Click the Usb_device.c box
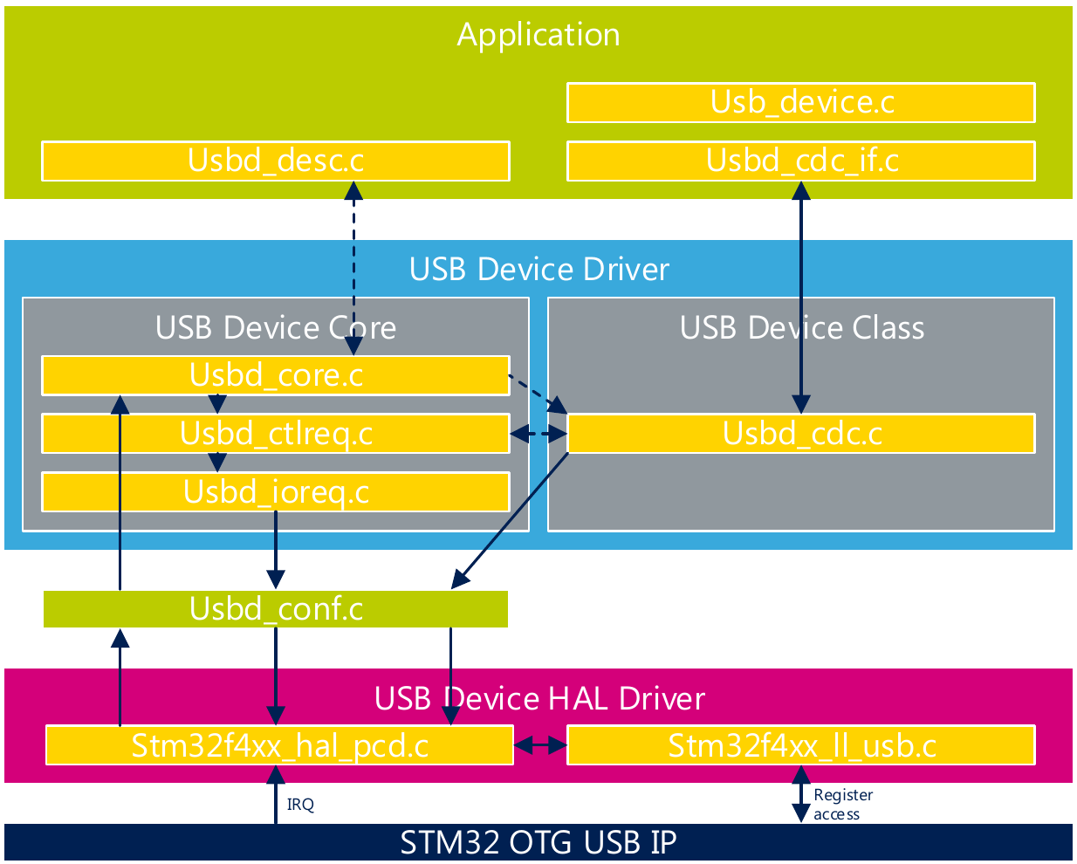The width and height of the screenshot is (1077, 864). click(x=800, y=103)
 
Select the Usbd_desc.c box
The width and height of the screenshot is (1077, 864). click(x=276, y=161)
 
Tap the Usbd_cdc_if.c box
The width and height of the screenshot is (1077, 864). click(x=800, y=161)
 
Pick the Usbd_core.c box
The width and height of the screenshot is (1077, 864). click(x=276, y=375)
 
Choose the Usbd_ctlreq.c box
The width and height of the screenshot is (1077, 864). click(x=276, y=434)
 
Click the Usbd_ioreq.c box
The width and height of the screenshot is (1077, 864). click(x=276, y=492)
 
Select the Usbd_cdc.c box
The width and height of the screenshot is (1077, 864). click(x=800, y=434)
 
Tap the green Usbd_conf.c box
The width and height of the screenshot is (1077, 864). click(x=276, y=609)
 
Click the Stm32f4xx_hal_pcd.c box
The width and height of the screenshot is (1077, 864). click(x=279, y=745)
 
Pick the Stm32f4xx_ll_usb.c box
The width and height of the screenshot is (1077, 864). click(x=800, y=745)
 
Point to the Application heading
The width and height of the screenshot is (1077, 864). click(x=538, y=35)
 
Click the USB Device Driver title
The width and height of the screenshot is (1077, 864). click(x=538, y=269)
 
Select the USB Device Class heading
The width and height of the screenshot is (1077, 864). click(x=801, y=328)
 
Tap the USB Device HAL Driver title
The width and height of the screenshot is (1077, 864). click(x=538, y=699)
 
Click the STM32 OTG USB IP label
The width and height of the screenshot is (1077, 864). click(x=538, y=843)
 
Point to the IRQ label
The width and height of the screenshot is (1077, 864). click(x=300, y=805)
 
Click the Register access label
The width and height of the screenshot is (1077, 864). click(x=842, y=805)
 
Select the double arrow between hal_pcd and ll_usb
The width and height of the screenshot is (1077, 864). click(x=540, y=745)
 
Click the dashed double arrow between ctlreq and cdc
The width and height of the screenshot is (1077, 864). click(x=538, y=434)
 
